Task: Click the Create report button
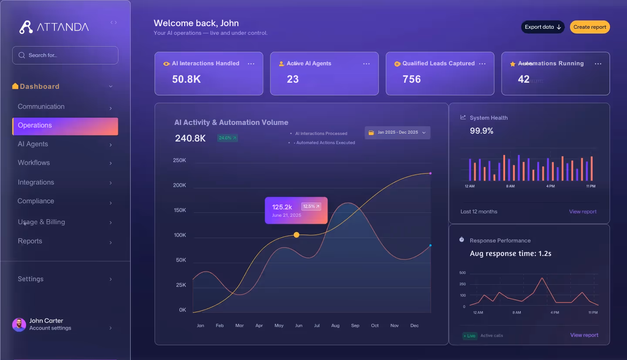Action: coord(590,27)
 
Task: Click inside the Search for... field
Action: coord(65,55)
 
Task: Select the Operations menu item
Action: coord(65,125)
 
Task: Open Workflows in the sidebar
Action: coord(34,163)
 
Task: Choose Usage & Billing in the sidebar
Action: coord(41,222)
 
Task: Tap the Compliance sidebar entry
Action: coord(36,201)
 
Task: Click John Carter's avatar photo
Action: coord(19,324)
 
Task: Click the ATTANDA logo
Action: coord(54,27)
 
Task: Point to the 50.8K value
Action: coord(186,79)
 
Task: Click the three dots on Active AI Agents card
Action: coord(367,64)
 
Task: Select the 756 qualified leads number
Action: coord(411,79)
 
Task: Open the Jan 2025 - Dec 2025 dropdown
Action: coord(397,133)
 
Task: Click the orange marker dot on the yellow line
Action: coord(297,235)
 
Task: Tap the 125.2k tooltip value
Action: coord(282,207)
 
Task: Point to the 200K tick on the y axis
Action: coord(179,185)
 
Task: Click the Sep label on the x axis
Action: coord(355,326)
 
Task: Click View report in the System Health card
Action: coord(583,212)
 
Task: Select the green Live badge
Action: coord(470,336)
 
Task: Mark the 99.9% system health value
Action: coord(482,131)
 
